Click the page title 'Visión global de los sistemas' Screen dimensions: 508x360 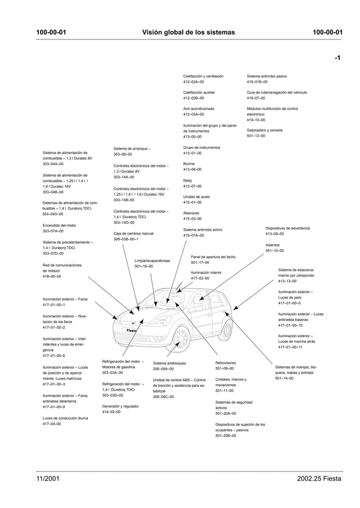coord(188,32)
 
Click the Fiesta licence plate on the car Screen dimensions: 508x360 coord(133,330)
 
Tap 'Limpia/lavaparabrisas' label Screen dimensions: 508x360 coord(152,260)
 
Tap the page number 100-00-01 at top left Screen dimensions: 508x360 coord(51,32)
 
